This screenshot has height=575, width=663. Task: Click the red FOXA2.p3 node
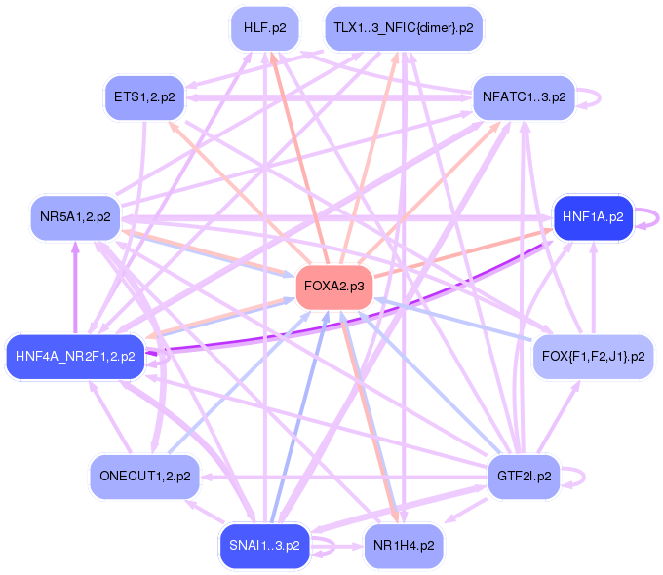(x=334, y=287)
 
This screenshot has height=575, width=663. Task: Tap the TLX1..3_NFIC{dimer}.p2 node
(x=404, y=28)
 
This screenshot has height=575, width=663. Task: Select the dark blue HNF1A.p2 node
(x=593, y=216)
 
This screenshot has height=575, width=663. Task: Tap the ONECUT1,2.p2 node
(x=144, y=476)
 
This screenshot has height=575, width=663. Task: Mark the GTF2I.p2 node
(x=524, y=476)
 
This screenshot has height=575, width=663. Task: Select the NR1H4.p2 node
(x=404, y=544)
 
